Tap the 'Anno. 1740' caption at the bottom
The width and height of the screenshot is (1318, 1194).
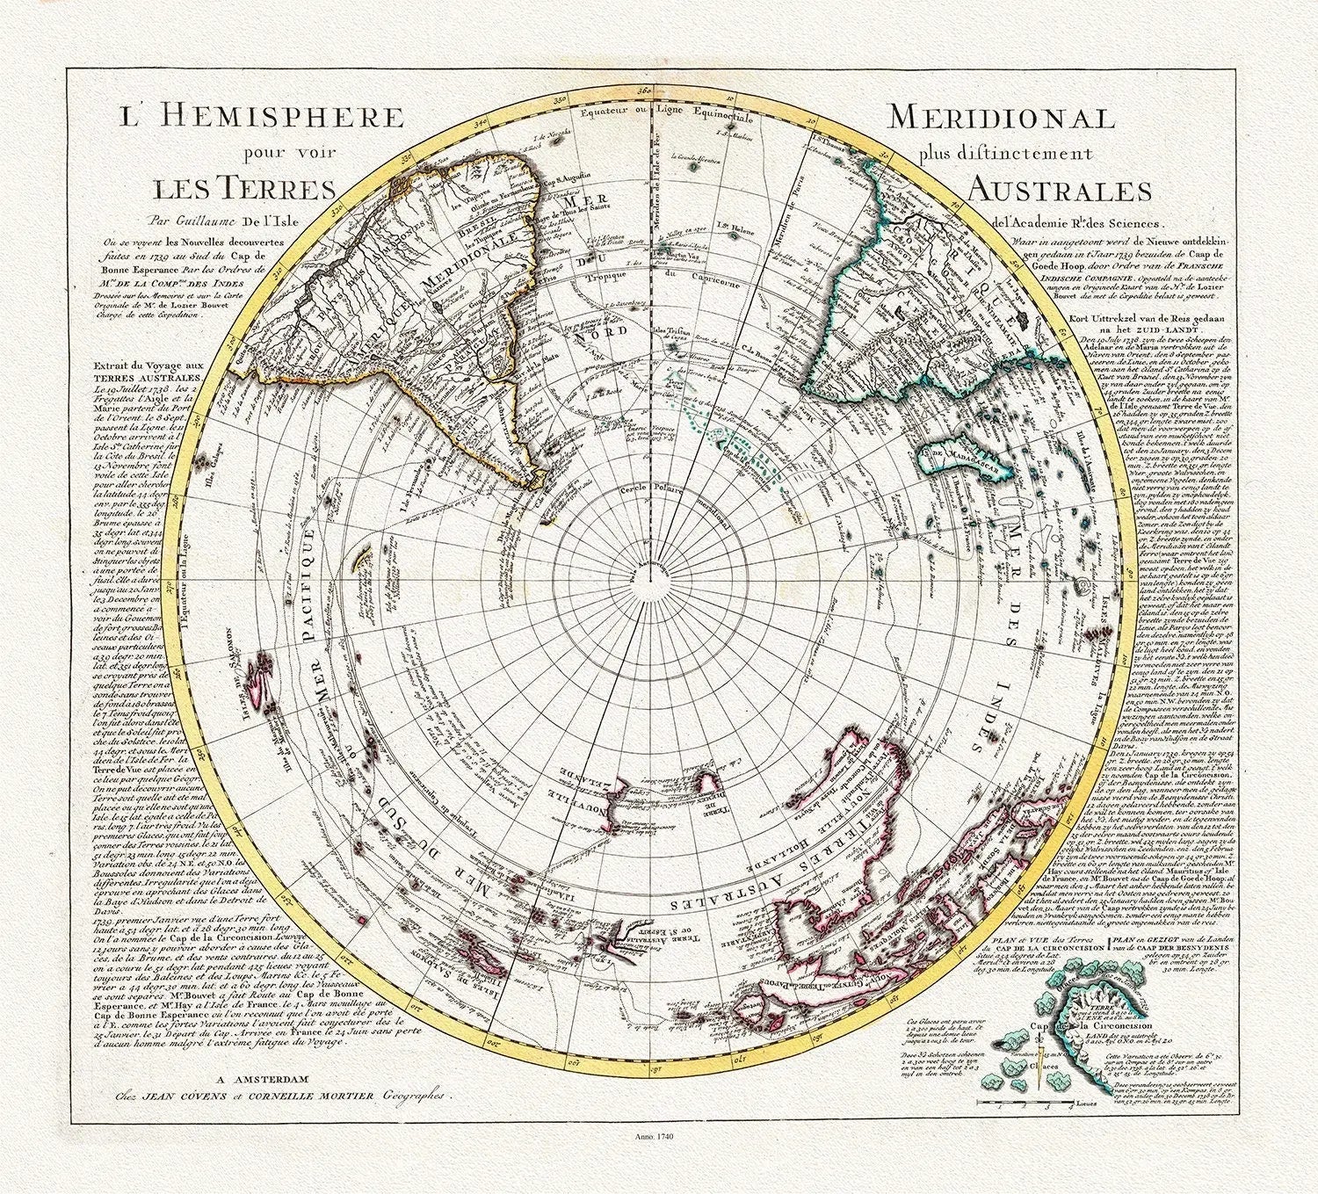[659, 1162]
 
